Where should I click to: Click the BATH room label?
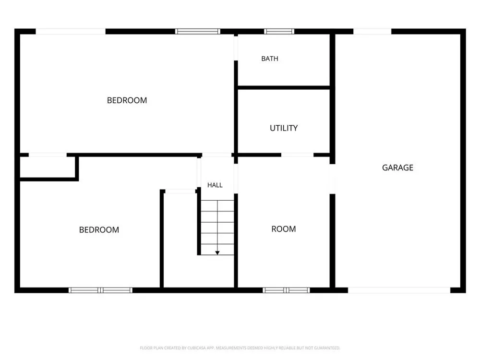pyautogui.click(x=270, y=59)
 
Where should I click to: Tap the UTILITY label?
pyautogui.click(x=284, y=128)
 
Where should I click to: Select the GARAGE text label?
pyautogui.click(x=397, y=168)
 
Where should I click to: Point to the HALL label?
pyautogui.click(x=215, y=185)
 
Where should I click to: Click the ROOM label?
pyautogui.click(x=284, y=229)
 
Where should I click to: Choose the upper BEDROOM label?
pyautogui.click(x=127, y=100)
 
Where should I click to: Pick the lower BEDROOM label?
pyautogui.click(x=99, y=230)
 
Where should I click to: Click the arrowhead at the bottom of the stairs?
pyautogui.click(x=217, y=253)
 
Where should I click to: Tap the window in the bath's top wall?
pyautogui.click(x=279, y=31)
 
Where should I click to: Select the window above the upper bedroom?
pyautogui.click(x=198, y=31)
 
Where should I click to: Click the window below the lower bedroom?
pyautogui.click(x=100, y=290)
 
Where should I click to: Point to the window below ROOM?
pyautogui.click(x=286, y=290)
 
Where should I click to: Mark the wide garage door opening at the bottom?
pyautogui.click(x=399, y=290)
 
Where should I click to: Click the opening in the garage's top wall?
pyautogui.click(x=372, y=31)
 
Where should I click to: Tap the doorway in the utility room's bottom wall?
pyautogui.click(x=297, y=155)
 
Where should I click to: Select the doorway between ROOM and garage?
pyautogui.click(x=333, y=179)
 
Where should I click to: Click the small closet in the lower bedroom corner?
pyautogui.click(x=48, y=167)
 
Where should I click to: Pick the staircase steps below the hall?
pyautogui.click(x=217, y=228)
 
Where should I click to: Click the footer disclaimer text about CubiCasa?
pyautogui.click(x=240, y=348)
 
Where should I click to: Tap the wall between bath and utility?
pyautogui.click(x=284, y=88)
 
